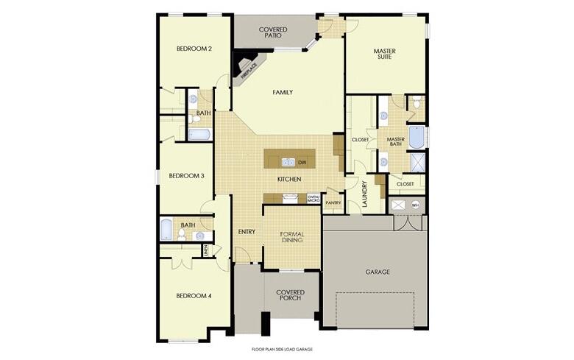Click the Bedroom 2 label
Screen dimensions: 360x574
pyautogui.click(x=194, y=49)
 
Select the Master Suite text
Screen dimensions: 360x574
pyautogui.click(x=386, y=54)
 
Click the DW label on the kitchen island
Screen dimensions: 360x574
pyautogui.click(x=302, y=162)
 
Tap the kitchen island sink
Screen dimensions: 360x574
pyautogui.click(x=288, y=162)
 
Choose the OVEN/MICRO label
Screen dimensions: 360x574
pyautogui.click(x=313, y=198)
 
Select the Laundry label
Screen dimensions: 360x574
pyautogui.click(x=364, y=193)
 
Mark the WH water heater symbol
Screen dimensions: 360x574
pyautogui.click(x=415, y=205)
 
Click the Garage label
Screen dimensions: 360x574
pyautogui.click(x=378, y=272)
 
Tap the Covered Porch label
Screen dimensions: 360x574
pyautogui.click(x=291, y=295)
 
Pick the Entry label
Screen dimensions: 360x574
pyautogui.click(x=247, y=232)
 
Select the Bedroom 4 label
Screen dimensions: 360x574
pyautogui.click(x=194, y=296)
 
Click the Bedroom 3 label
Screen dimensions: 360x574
pyautogui.click(x=187, y=176)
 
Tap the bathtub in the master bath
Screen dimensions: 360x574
pyautogui.click(x=417, y=138)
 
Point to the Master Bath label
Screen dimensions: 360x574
pyautogui.click(x=396, y=142)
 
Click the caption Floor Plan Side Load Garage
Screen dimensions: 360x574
pyautogui.click(x=283, y=349)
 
